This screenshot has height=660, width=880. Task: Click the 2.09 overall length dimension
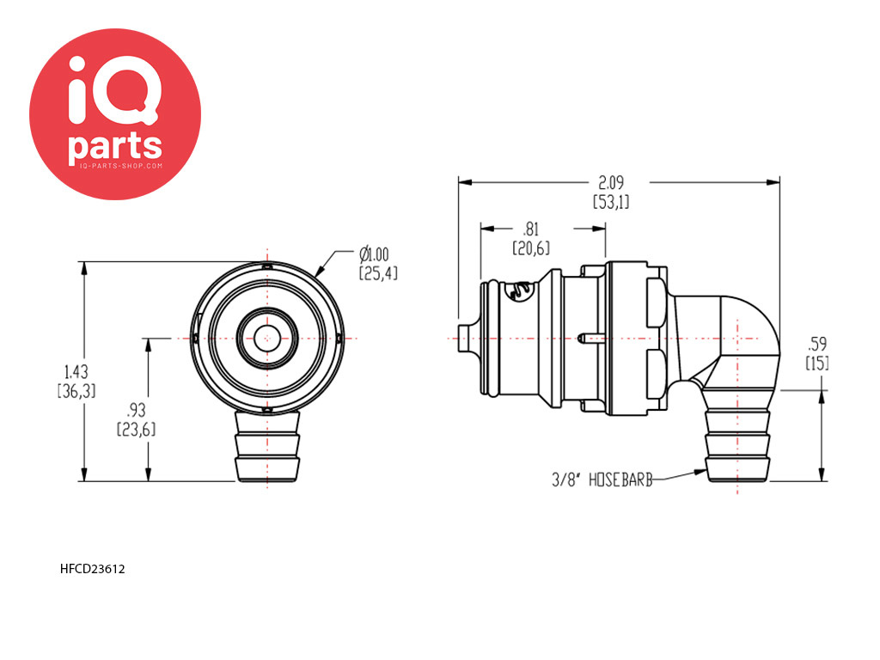(611, 183)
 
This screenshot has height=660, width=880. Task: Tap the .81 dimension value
(530, 229)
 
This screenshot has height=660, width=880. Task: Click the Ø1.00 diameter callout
(374, 254)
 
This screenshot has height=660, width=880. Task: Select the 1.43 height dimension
(76, 371)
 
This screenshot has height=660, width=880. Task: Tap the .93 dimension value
(137, 410)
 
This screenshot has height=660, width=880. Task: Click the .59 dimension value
(816, 344)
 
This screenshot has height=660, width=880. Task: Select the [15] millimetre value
(817, 363)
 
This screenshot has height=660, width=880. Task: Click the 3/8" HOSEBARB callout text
(602, 480)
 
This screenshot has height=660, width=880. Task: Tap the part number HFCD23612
(93, 569)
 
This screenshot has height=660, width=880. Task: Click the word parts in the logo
(115, 146)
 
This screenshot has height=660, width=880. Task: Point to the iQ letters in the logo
(114, 89)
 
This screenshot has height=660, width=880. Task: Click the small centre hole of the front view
(267, 339)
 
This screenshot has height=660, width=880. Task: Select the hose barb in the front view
(267, 446)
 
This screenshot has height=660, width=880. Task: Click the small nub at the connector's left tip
(465, 339)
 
